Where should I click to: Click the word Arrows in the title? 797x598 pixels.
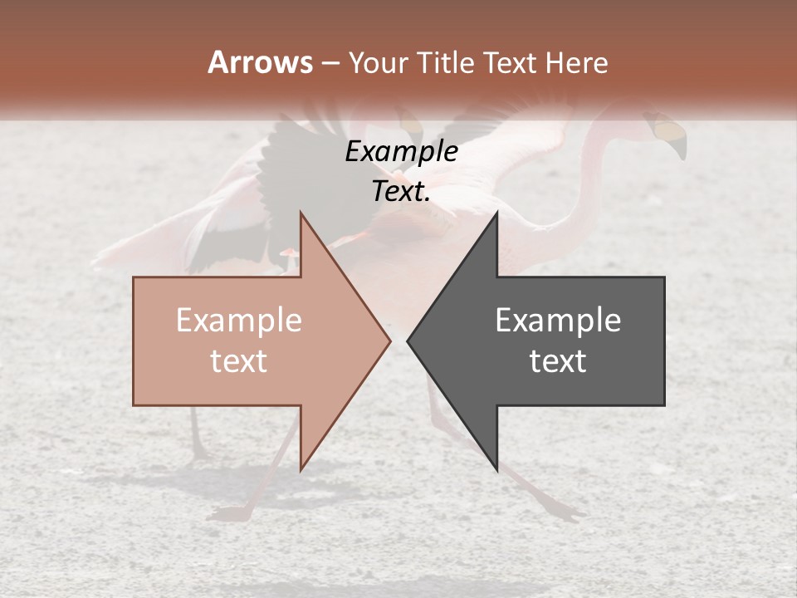260,62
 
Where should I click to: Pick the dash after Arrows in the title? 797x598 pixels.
330,64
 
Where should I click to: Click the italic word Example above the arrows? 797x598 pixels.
401,152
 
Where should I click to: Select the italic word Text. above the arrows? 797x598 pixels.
401,192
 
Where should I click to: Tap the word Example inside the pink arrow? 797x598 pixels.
238,321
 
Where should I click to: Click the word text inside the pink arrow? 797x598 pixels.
238,361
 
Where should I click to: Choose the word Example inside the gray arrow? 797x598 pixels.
558,321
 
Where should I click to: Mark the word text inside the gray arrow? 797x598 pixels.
558,361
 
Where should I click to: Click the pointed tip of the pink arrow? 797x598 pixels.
389,341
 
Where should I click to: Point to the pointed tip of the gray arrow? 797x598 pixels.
408,341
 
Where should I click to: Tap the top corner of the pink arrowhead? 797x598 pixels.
301,213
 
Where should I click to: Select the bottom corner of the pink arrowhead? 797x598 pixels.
301,470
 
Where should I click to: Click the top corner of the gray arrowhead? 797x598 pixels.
496,213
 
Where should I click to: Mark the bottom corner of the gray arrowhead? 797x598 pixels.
496,470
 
